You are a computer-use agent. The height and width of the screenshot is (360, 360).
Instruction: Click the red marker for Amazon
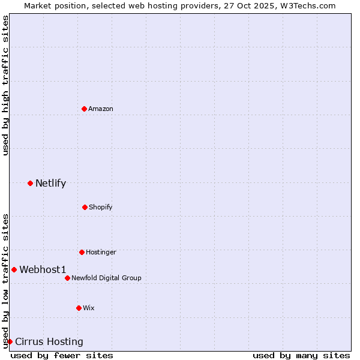85,109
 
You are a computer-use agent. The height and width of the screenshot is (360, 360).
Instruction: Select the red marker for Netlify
30,183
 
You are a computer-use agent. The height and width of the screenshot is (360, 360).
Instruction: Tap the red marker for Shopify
85,207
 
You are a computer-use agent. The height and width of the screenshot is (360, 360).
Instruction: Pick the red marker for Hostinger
82,252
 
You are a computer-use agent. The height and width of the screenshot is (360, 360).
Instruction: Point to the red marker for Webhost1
14,269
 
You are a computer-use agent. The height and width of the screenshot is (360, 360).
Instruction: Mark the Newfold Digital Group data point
67,278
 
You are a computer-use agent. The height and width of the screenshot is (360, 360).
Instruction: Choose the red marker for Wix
79,308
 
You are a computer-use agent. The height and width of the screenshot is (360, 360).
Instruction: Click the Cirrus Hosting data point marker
10,341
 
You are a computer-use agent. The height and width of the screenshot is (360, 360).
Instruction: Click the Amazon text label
101,109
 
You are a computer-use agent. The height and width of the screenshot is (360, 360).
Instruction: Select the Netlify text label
50,183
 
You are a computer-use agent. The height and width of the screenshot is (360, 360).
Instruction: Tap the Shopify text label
101,207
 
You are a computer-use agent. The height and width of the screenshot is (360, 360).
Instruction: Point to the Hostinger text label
101,252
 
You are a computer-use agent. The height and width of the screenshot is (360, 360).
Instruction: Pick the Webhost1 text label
43,269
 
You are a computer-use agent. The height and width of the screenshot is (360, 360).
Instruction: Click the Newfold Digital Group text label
106,278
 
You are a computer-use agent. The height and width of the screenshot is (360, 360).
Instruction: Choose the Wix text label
89,308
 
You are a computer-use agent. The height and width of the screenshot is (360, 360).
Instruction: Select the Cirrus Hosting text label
49,341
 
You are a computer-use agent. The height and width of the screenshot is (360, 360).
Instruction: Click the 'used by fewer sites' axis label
62,355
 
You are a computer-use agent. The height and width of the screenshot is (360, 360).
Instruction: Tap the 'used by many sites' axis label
301,355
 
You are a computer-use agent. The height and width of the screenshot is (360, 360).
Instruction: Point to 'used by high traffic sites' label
5,85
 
